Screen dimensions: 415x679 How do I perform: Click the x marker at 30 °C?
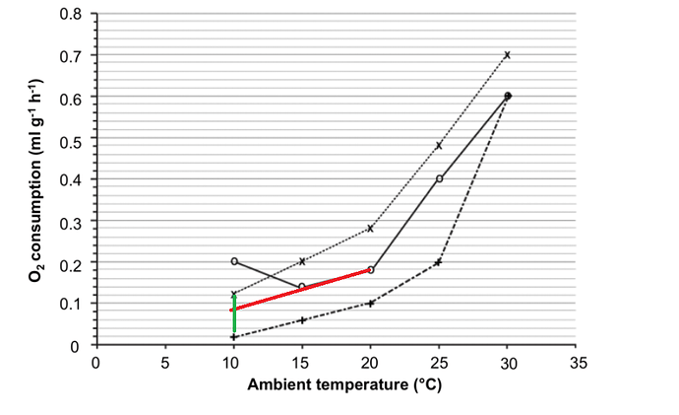[508, 55]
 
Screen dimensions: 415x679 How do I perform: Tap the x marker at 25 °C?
[439, 146]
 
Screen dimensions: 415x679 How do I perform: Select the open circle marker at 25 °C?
[439, 178]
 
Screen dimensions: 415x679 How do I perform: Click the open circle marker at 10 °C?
[234, 261]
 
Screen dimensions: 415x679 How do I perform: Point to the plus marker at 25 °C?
[439, 262]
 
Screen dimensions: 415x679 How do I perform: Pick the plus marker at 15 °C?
[302, 320]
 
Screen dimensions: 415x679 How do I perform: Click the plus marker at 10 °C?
[234, 337]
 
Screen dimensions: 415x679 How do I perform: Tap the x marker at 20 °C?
[370, 228]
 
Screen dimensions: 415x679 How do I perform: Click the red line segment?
[302, 290]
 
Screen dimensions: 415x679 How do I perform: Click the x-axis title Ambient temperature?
[337, 384]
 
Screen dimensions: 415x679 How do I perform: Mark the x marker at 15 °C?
[302, 261]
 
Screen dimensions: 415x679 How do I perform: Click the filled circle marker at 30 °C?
[508, 96]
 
